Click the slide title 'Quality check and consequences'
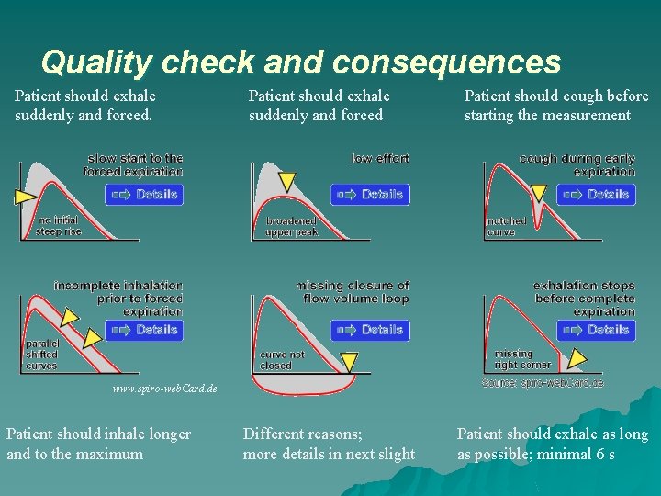click(300, 62)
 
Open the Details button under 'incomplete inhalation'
click(144, 330)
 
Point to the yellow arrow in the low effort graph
click(286, 181)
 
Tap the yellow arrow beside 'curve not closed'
click(348, 360)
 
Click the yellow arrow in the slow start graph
click(24, 196)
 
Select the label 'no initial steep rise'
click(58, 226)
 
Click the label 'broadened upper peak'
click(291, 226)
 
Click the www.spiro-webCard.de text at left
click(163, 389)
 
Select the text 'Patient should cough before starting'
click(555, 106)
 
